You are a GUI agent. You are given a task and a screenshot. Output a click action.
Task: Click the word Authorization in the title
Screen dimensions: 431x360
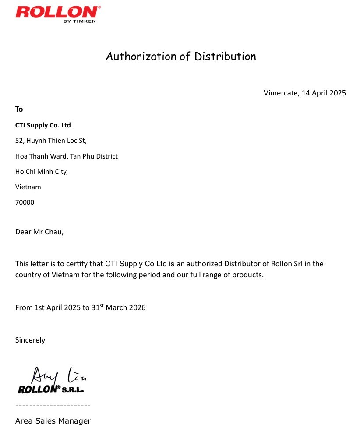tap(141, 57)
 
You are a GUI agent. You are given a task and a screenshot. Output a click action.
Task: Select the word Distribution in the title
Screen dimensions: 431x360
tap(225, 57)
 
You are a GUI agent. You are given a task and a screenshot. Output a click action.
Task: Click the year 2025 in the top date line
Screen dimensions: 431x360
tap(338, 93)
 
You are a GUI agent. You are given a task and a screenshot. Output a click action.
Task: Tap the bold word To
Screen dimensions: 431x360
tap(19, 109)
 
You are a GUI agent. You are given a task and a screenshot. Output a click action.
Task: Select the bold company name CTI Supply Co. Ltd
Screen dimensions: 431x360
tap(43, 125)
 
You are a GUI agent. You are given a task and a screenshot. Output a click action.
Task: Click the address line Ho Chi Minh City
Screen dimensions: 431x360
tap(41, 172)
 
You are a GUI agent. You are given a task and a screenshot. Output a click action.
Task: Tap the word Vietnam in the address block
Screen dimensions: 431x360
tap(28, 187)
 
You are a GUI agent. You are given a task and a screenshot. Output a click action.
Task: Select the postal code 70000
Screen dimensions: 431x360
tap(25, 202)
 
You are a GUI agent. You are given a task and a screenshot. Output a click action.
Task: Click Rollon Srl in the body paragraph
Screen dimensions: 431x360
tap(286, 264)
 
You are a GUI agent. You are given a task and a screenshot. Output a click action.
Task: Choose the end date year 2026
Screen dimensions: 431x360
tap(137, 308)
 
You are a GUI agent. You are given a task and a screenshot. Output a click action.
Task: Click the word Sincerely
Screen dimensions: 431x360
tap(30, 340)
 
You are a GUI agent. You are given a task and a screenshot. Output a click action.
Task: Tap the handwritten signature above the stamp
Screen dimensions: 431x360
tap(57, 375)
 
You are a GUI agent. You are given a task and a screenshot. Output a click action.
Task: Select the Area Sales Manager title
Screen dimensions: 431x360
tap(53, 421)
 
